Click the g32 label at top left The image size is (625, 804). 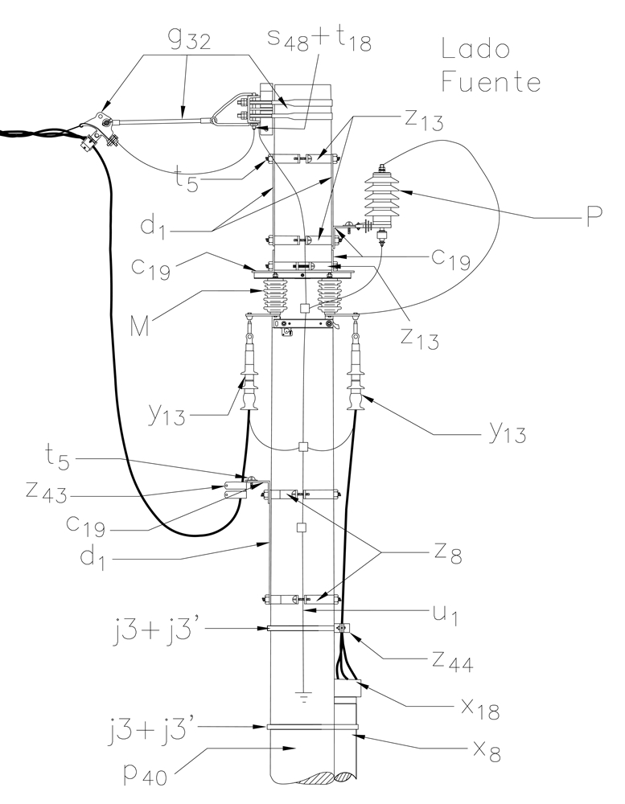[191, 40]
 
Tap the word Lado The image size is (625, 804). [475, 51]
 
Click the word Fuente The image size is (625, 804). [491, 83]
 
